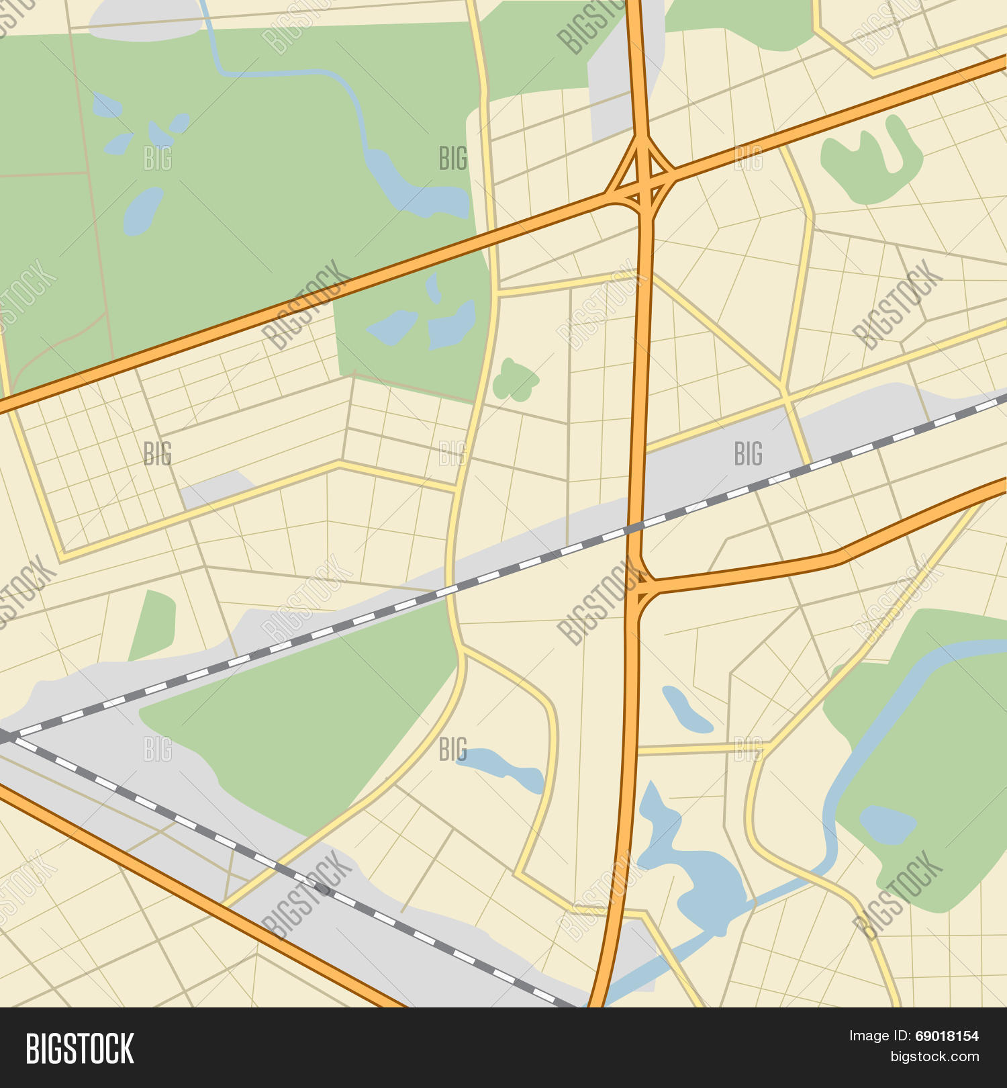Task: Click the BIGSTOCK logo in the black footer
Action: point(80,1048)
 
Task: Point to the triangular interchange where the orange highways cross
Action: point(641,175)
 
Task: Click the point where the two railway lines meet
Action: point(8,737)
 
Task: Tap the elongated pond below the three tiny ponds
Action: point(142,211)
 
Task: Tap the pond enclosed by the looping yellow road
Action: point(500,767)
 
